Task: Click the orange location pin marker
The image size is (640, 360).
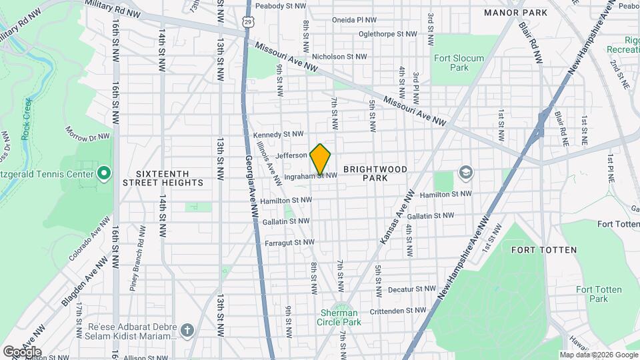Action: point(321,159)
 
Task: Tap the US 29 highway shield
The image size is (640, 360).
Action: point(248,22)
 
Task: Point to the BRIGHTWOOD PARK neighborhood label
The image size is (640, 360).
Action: point(375,173)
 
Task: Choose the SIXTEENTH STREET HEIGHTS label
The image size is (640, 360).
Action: point(163,177)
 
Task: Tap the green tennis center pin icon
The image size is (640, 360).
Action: point(103,174)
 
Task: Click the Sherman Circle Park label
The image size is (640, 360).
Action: point(340,317)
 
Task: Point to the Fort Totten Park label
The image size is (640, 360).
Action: point(599,294)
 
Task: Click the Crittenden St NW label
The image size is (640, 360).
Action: point(398,310)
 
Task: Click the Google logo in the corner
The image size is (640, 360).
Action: point(22,351)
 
